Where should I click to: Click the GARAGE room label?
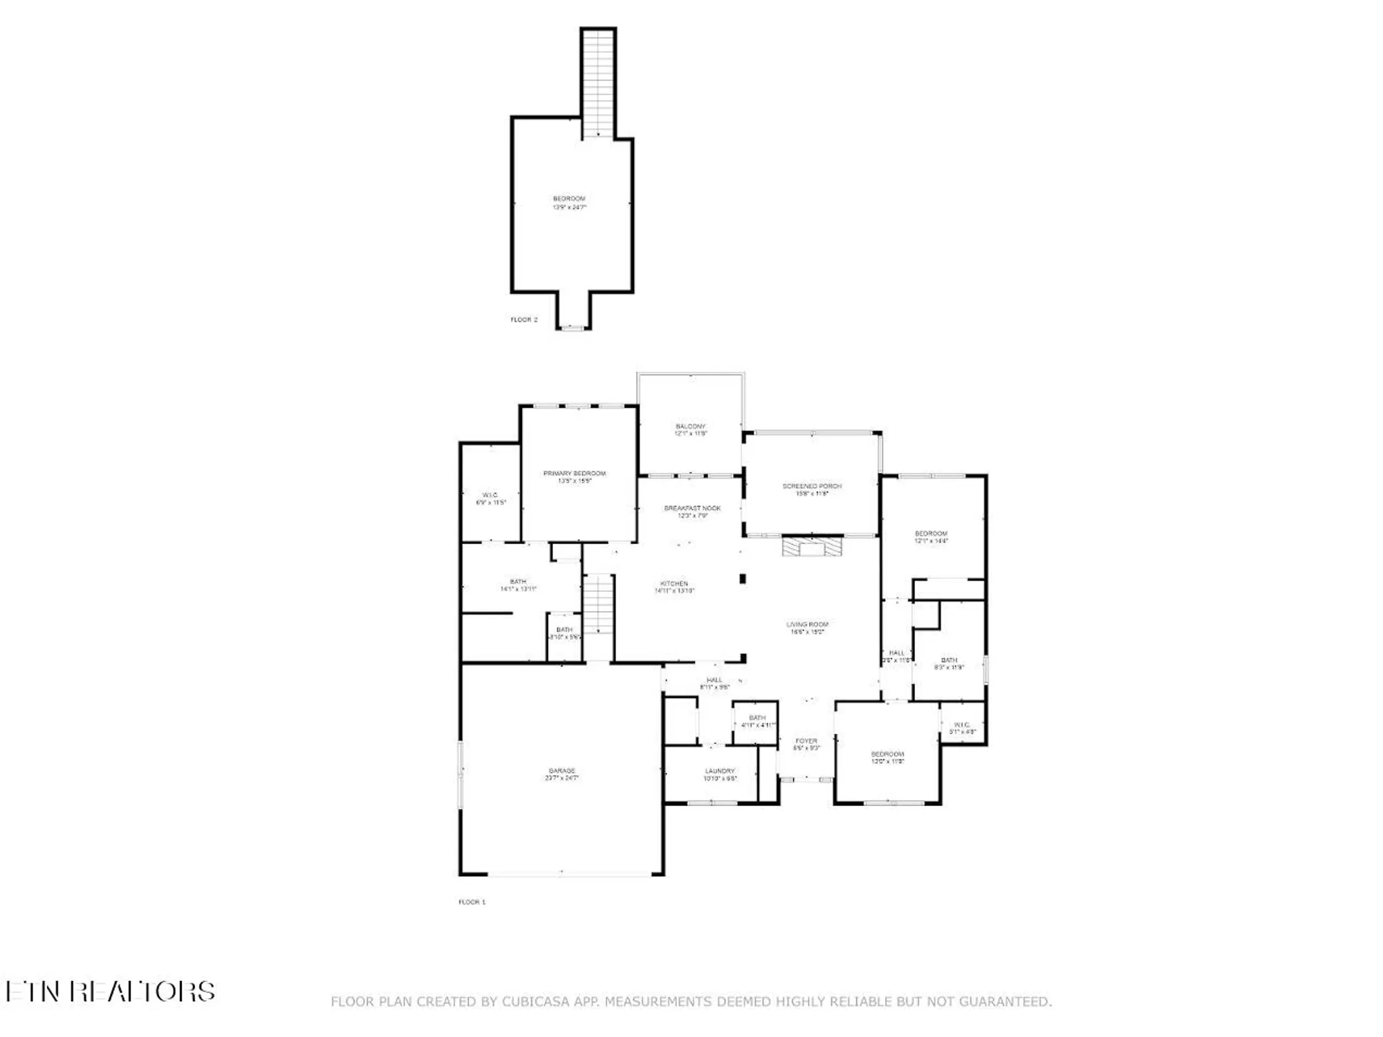(x=561, y=774)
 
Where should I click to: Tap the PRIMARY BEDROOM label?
(x=574, y=477)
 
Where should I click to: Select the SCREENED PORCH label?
(x=812, y=489)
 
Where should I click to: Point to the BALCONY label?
(x=690, y=429)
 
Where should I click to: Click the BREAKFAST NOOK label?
(x=692, y=512)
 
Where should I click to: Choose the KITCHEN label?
(x=674, y=587)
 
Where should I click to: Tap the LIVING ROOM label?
(x=807, y=628)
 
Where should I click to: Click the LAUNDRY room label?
(x=720, y=774)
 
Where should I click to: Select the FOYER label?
(x=806, y=744)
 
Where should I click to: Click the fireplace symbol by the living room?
(x=812, y=547)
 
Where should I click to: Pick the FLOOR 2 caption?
(x=523, y=319)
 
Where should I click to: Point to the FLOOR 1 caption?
(x=472, y=902)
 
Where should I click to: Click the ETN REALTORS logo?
(x=111, y=991)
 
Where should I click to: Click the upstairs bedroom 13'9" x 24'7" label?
(x=569, y=203)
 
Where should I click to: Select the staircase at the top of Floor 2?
(x=598, y=83)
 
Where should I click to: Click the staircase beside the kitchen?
(x=598, y=605)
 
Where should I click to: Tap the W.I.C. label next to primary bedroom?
(x=490, y=498)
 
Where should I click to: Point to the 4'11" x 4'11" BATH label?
(x=757, y=721)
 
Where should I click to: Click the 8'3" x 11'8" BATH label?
(x=949, y=664)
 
